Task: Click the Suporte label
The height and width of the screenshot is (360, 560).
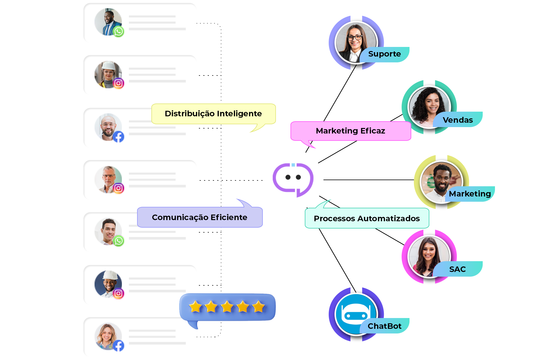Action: point(384,54)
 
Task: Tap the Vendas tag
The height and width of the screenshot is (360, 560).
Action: point(458,120)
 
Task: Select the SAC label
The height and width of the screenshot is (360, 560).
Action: point(457,269)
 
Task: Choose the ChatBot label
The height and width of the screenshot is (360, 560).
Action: point(384,326)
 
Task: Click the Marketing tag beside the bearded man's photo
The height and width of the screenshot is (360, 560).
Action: point(470,194)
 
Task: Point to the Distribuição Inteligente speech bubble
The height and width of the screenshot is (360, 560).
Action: point(213,114)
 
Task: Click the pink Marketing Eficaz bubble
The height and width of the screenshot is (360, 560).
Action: point(350,131)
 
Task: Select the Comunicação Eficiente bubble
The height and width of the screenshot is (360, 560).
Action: point(199,217)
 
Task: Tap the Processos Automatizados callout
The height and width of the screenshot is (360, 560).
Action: point(367,218)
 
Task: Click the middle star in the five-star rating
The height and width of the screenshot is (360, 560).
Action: point(227,307)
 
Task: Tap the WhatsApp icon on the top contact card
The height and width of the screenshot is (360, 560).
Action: point(118,31)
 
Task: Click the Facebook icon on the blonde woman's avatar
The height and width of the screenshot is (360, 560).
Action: point(118,346)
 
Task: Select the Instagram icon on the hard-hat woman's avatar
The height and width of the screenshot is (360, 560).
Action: point(118,83)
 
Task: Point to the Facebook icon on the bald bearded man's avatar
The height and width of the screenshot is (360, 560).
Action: point(118,136)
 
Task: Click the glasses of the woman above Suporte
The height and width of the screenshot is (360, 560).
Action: point(355,37)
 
